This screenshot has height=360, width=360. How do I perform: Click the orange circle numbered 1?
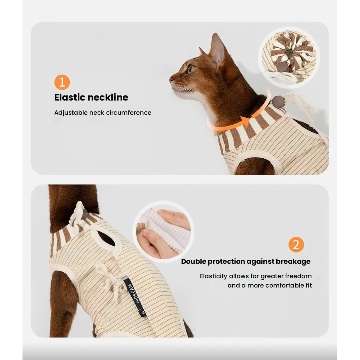point(62,82)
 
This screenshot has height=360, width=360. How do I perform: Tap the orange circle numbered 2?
point(296,244)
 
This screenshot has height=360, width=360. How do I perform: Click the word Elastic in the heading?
point(69,97)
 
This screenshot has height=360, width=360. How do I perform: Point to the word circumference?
point(129,113)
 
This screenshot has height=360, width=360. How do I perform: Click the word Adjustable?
point(70,113)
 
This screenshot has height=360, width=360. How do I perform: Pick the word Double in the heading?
point(193,261)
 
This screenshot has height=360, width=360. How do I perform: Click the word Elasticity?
point(214,276)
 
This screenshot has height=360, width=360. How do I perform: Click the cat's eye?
point(191,69)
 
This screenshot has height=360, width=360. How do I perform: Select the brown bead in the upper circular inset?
point(283,67)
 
